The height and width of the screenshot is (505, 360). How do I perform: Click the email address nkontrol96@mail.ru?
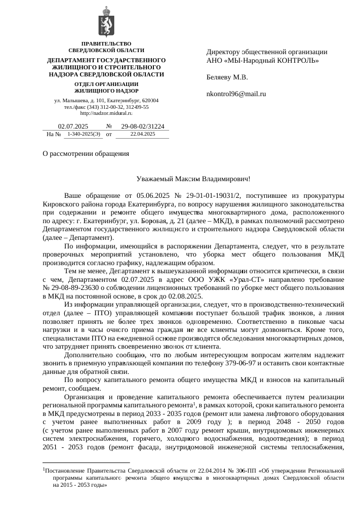[x=236, y=94]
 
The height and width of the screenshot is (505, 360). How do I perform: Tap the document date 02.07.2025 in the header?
[x=73, y=127]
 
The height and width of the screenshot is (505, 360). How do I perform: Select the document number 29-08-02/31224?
[x=142, y=127]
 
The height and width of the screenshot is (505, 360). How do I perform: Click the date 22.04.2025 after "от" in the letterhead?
[x=142, y=135]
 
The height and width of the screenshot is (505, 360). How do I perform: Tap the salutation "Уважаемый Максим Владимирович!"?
[x=193, y=179]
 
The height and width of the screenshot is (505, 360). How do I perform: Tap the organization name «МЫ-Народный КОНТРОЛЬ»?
[x=271, y=61]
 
